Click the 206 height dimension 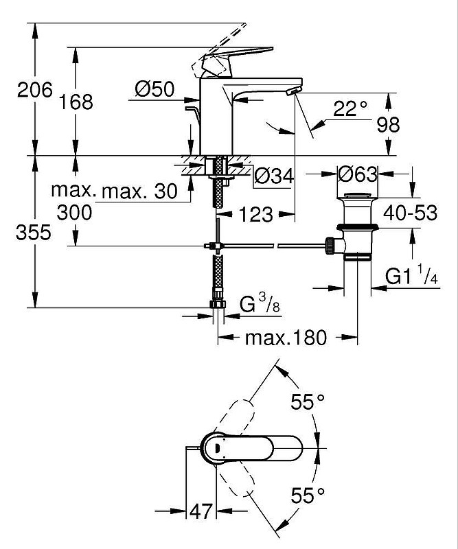[x=35, y=90]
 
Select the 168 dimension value [x=76, y=102]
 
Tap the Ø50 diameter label [x=154, y=89]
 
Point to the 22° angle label [x=350, y=108]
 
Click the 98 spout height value [x=388, y=124]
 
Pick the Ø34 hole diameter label [x=274, y=176]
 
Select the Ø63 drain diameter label [x=358, y=174]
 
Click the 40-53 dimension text [x=411, y=213]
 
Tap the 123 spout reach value [x=255, y=214]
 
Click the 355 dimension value [x=34, y=232]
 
